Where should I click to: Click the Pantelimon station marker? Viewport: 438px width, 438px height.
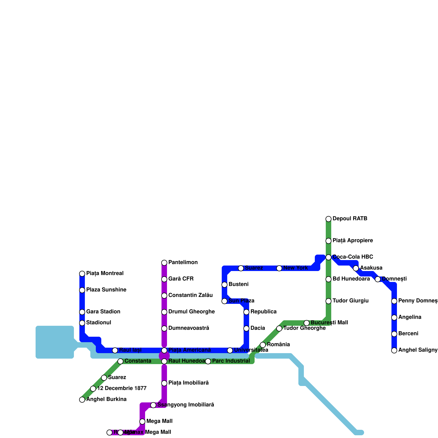point(164,263)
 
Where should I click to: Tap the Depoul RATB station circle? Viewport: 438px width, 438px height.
point(328,219)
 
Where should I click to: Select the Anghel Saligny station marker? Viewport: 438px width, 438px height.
point(394,350)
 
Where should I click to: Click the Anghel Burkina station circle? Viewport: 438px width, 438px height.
point(82,400)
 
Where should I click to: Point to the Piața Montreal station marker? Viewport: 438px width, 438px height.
point(82,274)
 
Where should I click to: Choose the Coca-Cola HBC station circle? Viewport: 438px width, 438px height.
point(328,257)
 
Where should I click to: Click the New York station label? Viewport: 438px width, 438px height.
point(295,268)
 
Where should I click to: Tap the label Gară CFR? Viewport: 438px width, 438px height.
point(181,279)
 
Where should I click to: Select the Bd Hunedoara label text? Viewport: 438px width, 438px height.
point(351,279)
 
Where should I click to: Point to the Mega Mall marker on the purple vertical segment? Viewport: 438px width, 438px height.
point(142,422)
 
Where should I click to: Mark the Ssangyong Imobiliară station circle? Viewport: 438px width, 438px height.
point(153,405)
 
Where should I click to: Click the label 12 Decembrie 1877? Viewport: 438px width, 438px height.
point(122,388)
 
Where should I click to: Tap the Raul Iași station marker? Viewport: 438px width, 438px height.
point(115,350)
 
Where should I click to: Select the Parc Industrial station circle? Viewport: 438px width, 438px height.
point(208,361)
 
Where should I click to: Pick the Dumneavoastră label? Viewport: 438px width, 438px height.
point(189,328)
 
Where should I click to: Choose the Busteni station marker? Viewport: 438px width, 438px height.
point(224,285)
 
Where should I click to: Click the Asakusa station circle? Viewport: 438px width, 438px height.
point(356,268)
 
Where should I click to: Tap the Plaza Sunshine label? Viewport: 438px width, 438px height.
point(106,290)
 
